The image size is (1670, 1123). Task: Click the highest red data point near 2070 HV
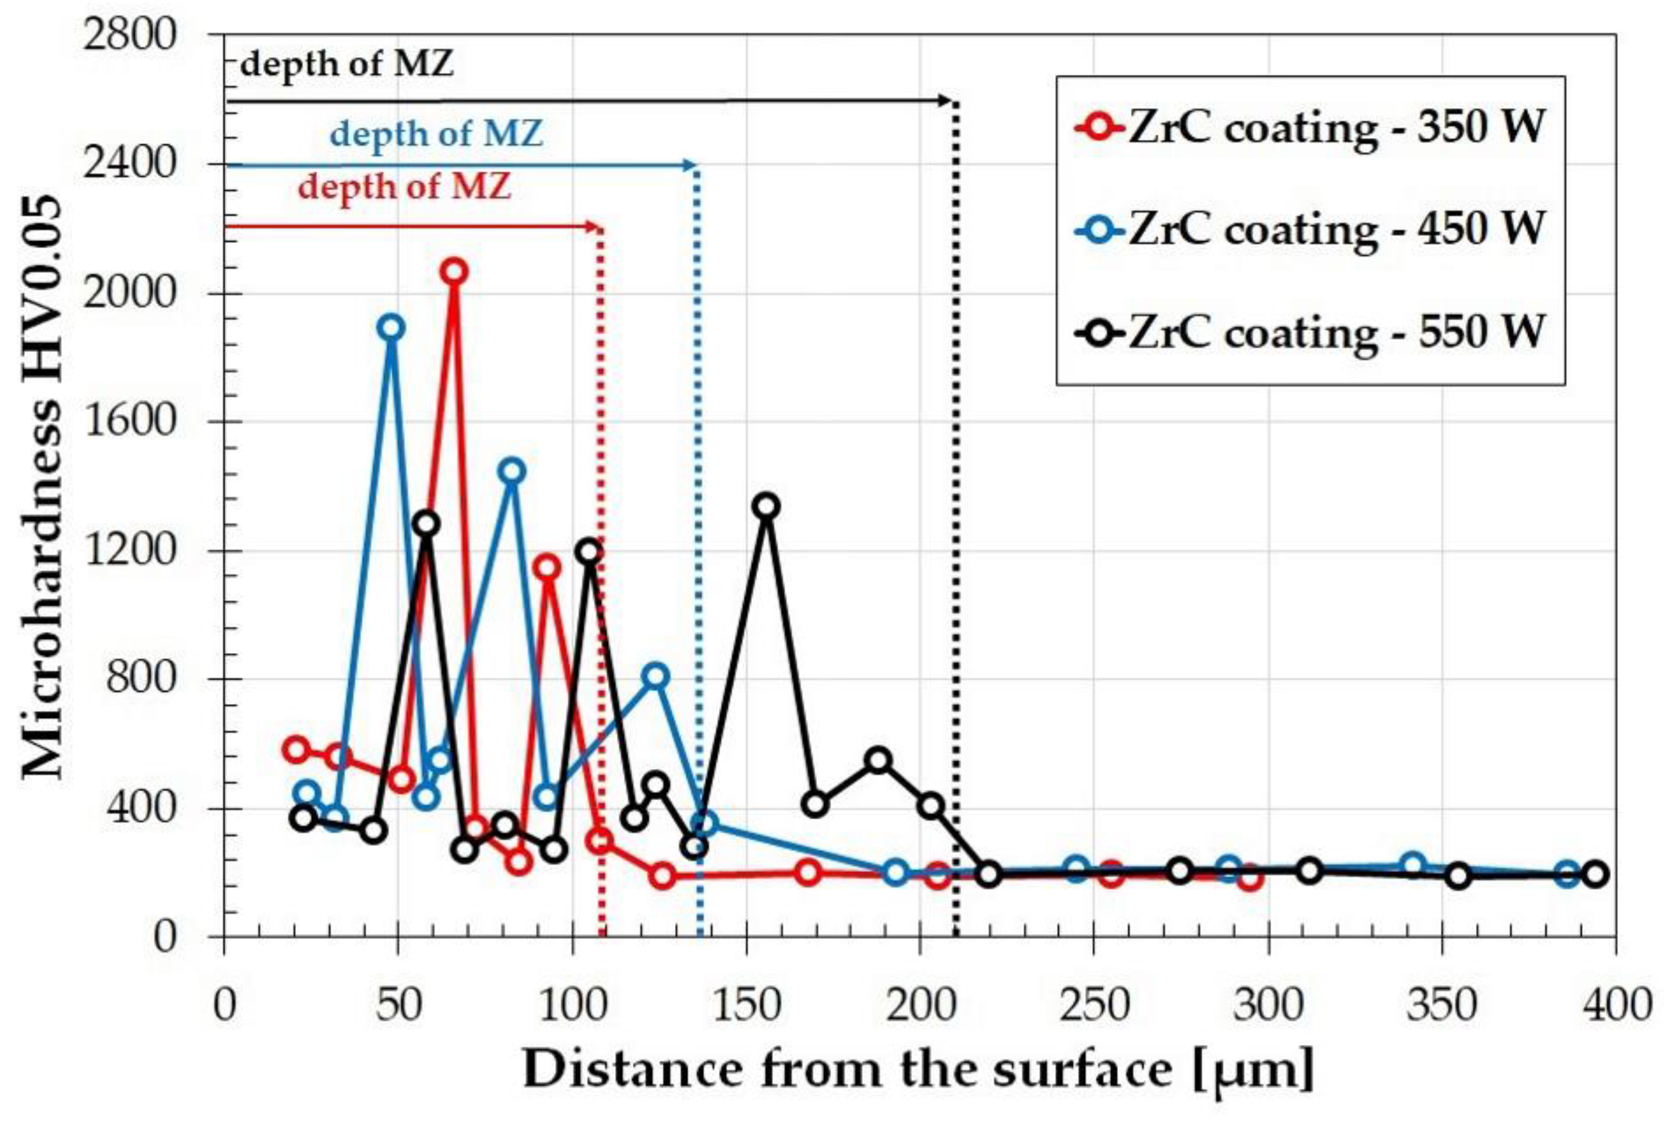click(453, 271)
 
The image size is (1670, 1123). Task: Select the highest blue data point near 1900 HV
click(391, 328)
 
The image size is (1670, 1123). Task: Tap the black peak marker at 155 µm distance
click(766, 505)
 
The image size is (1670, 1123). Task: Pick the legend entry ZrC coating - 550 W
click(1310, 332)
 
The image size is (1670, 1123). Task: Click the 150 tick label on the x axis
click(746, 1006)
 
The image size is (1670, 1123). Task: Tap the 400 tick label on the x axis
click(1616, 1006)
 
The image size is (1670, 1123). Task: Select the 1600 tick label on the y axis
click(129, 422)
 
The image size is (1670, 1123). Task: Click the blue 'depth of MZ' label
click(436, 135)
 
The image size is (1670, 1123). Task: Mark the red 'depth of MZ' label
click(405, 188)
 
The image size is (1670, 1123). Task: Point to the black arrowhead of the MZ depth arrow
click(947, 101)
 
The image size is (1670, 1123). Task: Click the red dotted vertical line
click(602, 573)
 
